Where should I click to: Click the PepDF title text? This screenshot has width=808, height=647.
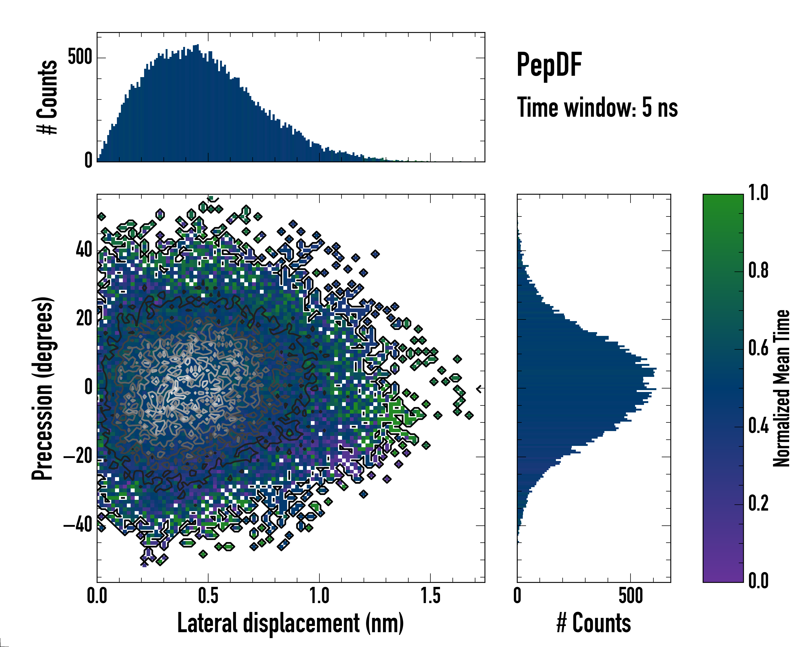(x=549, y=65)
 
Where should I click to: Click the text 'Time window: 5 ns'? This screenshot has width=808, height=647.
(x=597, y=108)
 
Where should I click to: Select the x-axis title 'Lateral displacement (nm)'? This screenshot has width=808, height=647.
(x=290, y=623)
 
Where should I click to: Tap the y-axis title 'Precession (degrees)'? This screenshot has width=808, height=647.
(x=42, y=388)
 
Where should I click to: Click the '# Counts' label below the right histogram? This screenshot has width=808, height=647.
(x=594, y=623)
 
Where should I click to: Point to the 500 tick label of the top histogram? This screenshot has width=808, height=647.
(x=80, y=57)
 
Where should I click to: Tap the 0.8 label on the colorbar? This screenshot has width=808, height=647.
(x=758, y=271)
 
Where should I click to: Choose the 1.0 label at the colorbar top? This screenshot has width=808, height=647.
(x=758, y=193)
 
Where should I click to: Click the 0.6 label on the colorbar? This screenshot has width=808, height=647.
(x=758, y=349)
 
